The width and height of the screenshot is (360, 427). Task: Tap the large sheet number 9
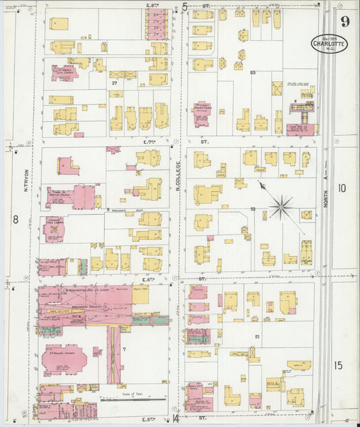[345, 20]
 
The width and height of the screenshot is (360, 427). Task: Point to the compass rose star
[281, 205]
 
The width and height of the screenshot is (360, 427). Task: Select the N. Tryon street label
[26, 180]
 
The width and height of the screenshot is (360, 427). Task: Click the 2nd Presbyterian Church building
[63, 358]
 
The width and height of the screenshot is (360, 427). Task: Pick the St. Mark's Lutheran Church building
[65, 73]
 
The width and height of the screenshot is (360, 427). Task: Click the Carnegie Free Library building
[54, 230]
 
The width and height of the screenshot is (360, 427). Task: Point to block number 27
[115, 83]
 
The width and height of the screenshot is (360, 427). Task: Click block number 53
[253, 72]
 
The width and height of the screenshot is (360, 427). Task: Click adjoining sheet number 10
[342, 189]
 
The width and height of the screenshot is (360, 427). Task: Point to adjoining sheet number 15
[338, 366]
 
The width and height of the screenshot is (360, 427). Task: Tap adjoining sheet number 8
[14, 219]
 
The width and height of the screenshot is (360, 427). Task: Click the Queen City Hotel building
[195, 394]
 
